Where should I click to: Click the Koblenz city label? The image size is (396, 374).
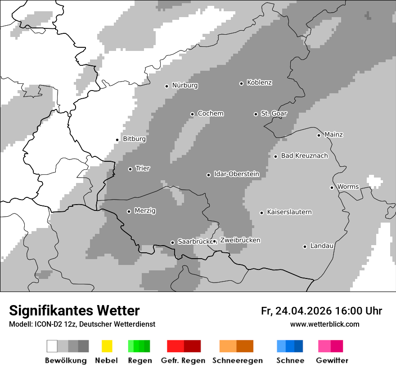pos(259,83)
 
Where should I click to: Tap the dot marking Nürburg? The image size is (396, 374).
pos(166,86)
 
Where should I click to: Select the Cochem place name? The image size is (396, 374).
pos(210,114)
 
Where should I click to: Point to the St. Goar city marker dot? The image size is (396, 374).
pos(256,114)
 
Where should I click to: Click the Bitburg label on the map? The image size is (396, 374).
pos(134,139)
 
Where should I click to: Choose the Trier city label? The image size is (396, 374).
pos(143,169)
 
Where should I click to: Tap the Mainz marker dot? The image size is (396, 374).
pos(319,135)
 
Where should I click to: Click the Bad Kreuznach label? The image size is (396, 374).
pos(304,156)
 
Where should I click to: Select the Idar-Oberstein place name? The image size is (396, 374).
pos(236,174)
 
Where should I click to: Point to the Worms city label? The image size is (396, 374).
pos(348,187)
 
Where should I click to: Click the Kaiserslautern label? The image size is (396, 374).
pos(289,212)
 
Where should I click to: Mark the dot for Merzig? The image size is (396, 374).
pos(129,211)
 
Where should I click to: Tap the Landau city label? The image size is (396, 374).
pos(322,246)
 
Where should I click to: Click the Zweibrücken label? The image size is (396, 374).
pos(240,240)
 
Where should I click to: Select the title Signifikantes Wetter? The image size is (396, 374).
pos(74,310)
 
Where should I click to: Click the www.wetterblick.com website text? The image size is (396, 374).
pos(324,324)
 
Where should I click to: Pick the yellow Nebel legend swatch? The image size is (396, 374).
pos(107,346)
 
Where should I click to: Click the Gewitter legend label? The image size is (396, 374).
pos(332,360)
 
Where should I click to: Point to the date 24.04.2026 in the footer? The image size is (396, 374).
pos(303,311)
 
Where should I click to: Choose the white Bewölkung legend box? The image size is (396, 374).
pos(52,346)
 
